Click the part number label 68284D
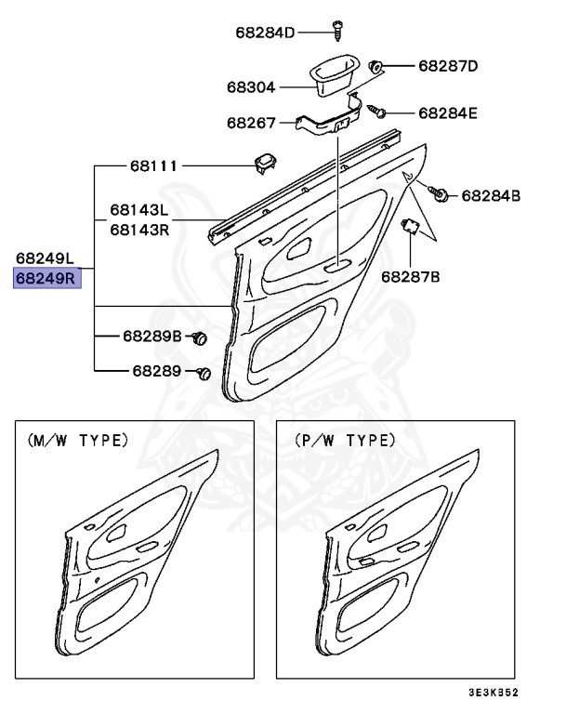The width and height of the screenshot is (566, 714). [264, 33]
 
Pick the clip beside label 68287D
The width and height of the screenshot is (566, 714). [376, 67]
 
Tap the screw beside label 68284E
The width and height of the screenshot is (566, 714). [378, 111]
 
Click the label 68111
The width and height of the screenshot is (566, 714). [153, 166]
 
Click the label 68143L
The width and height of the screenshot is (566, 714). [139, 211]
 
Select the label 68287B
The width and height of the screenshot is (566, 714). [410, 276]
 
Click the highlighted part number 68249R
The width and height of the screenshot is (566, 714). [46, 277]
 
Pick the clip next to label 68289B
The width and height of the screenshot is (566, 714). [198, 337]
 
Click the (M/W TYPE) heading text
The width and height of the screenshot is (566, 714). [80, 441]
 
